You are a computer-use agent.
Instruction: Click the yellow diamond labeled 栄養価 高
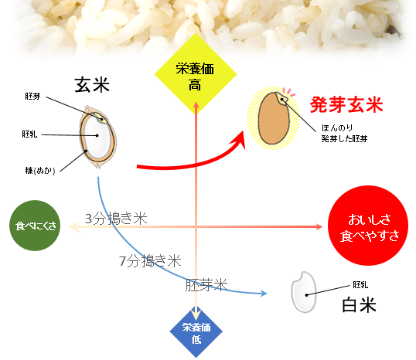coord(196,73)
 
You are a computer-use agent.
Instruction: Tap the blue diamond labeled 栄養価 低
coord(196,332)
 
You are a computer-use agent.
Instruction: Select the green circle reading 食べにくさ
coord(35,226)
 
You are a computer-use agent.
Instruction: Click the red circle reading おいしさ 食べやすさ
coord(368,226)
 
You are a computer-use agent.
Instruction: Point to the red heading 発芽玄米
coord(346,105)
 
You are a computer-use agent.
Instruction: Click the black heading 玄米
coord(92,85)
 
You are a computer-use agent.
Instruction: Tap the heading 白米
coord(360,305)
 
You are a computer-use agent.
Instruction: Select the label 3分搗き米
coord(116,219)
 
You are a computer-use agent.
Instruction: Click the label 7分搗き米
coord(150,261)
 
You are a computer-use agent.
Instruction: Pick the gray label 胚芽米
coord(206,285)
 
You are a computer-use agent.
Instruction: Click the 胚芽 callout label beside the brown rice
coord(33,97)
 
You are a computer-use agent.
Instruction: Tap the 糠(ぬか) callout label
coord(40,171)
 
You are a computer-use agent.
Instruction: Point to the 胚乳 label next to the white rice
coord(360,285)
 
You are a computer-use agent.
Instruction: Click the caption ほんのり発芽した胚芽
coord(344,134)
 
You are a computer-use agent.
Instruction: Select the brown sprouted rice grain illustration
coord(274,118)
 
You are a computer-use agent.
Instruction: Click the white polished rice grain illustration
coord(304,292)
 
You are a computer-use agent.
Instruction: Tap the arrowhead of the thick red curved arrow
coord(239,139)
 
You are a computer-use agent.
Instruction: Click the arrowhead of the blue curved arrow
coord(264,294)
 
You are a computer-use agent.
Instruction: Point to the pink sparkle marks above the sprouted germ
coord(289,92)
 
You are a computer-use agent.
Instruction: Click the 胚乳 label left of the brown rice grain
coord(29,134)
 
